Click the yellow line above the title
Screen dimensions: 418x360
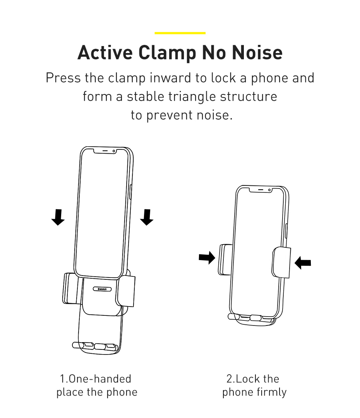pyautogui.click(x=180, y=33)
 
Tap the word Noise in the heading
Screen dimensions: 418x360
pyautogui.click(x=257, y=53)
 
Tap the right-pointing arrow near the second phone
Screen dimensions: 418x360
pyautogui.click(x=207, y=257)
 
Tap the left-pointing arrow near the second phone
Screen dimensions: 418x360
pyautogui.click(x=303, y=263)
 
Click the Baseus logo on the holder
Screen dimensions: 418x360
pyautogui.click(x=102, y=289)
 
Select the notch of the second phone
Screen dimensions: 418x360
pyautogui.click(x=261, y=190)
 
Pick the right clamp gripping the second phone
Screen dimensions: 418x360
pyautogui.click(x=281, y=262)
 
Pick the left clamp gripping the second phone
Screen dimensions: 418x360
pyautogui.click(x=225, y=259)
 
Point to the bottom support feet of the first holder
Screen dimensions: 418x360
pyautogui.click(x=95, y=346)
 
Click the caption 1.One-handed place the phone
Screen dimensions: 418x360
pyautogui.click(x=97, y=385)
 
